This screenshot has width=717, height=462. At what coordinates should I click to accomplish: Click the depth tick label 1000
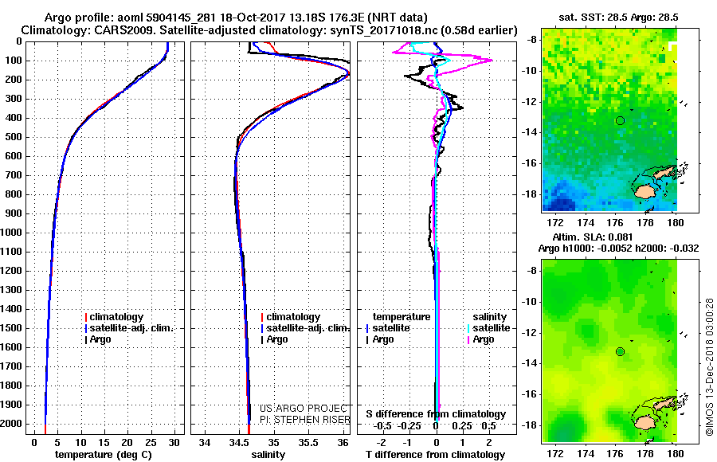coord(11,233)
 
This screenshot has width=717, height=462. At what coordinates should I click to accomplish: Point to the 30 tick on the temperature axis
coord(174,442)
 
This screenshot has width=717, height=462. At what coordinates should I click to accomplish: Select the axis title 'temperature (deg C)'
coord(104,455)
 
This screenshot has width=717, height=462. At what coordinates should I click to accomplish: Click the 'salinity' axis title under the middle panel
coord(268,455)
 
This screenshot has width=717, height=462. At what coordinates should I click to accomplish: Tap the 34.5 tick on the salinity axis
coord(239,442)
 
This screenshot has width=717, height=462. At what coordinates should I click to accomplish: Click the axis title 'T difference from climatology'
coord(435,455)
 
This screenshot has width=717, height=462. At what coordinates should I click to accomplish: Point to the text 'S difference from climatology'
coord(436,414)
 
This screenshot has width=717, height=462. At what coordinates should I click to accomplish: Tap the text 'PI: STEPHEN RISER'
coord(304,420)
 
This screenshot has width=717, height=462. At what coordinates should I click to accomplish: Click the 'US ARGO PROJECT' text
coord(304,409)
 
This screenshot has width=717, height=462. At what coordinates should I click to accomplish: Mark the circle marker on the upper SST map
coord(620,121)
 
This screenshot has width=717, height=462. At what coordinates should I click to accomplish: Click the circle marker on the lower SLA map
coord(620,352)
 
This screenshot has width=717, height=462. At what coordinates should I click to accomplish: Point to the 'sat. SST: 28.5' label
coord(593,18)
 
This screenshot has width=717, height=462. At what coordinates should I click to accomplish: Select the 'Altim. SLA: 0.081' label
coord(593,237)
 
